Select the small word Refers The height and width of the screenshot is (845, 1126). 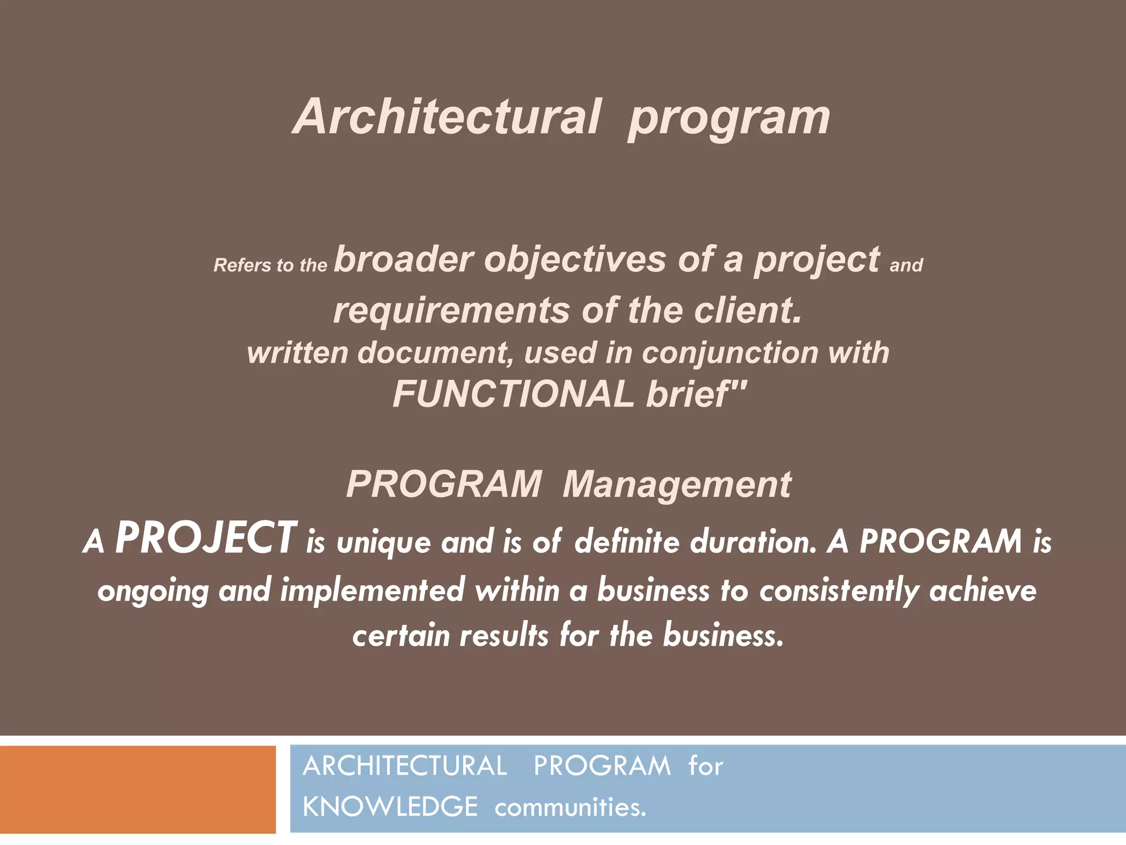pos(242,265)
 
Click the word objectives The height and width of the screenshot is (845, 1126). pos(575,260)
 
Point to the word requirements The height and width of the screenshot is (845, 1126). pos(451,311)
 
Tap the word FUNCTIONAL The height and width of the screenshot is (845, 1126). pos(514,394)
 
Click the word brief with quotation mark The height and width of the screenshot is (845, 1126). pos(696,394)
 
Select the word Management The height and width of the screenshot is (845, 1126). pos(677,485)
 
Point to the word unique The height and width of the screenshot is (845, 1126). pos(384,542)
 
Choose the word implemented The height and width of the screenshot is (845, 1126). pos(373,591)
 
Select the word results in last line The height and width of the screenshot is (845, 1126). pos(504,635)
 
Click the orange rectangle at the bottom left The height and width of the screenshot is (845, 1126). pos(137,789)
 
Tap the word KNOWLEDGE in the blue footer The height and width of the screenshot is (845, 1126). pos(390,807)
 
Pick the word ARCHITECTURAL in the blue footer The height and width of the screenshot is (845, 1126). pos(405,766)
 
